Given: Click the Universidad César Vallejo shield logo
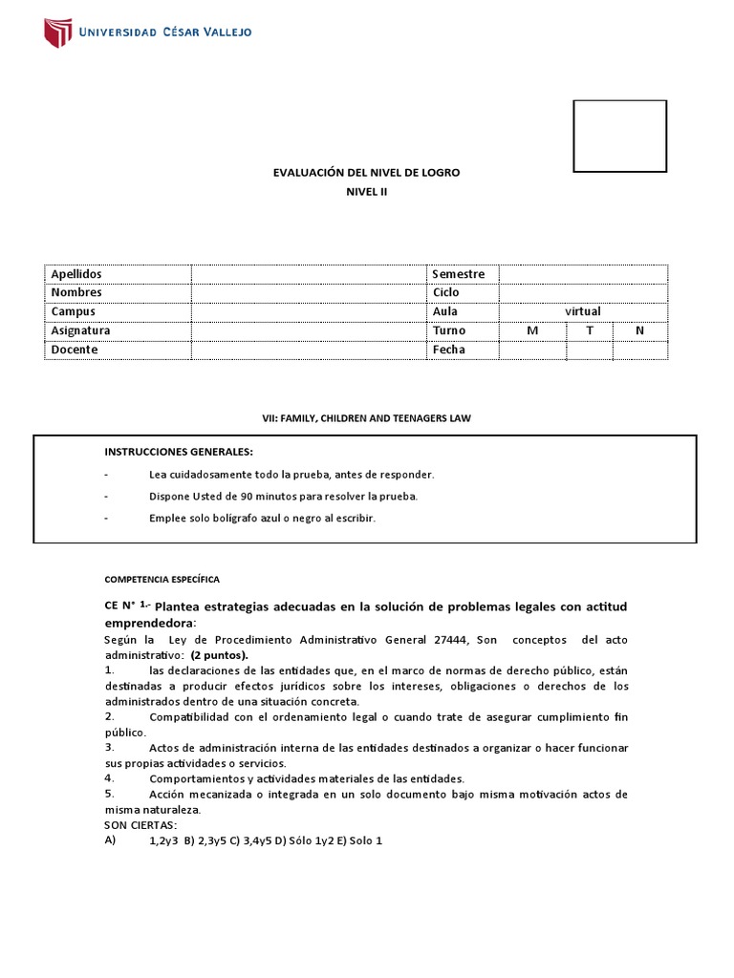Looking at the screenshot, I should click(58, 32).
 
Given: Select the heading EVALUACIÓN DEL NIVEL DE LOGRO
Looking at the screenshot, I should click(367, 172).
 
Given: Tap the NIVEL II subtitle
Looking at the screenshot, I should click(367, 191).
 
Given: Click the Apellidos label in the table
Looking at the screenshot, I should click(76, 274).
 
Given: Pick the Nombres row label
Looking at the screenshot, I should click(76, 292).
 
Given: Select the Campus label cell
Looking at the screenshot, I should click(74, 311).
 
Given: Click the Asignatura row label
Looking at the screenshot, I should click(81, 330).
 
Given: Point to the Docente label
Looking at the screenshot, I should click(75, 350).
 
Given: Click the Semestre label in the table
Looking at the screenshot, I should click(459, 274).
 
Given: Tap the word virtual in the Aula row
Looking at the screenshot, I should click(582, 311).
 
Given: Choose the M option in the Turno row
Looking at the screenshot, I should click(532, 330).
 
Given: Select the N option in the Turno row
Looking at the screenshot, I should click(640, 330).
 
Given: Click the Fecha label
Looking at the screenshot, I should click(449, 350).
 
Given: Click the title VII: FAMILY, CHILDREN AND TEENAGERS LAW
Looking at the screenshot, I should click(367, 418).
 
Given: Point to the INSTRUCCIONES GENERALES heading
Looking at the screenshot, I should click(180, 451).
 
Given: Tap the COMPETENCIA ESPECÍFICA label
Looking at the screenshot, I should click(162, 579).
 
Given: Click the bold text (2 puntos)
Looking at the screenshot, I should click(219, 655).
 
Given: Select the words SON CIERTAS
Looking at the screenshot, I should click(140, 824).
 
